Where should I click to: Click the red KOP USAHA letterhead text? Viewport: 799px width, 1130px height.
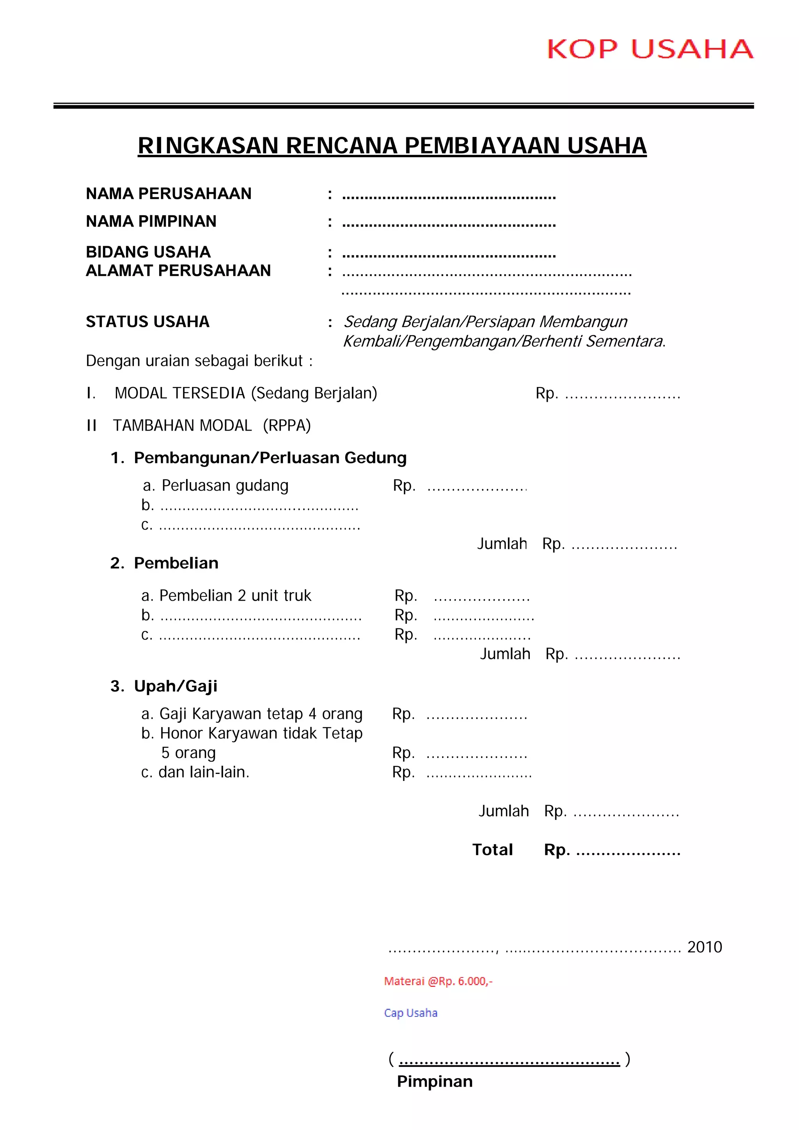tap(650, 49)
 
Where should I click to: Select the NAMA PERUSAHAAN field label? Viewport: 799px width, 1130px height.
tap(169, 194)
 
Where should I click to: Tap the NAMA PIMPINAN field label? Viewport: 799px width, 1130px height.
tap(151, 222)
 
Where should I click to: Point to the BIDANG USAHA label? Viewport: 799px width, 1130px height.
tap(148, 252)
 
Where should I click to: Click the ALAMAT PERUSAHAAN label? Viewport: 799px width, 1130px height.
tap(178, 271)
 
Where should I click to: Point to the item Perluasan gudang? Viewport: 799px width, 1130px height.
tap(225, 486)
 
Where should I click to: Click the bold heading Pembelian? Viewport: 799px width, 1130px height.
tap(176, 563)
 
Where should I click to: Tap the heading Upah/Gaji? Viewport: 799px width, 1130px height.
tap(175, 686)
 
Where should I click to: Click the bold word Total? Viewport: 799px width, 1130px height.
tap(492, 850)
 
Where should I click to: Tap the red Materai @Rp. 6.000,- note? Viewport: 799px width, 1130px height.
tap(438, 981)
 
